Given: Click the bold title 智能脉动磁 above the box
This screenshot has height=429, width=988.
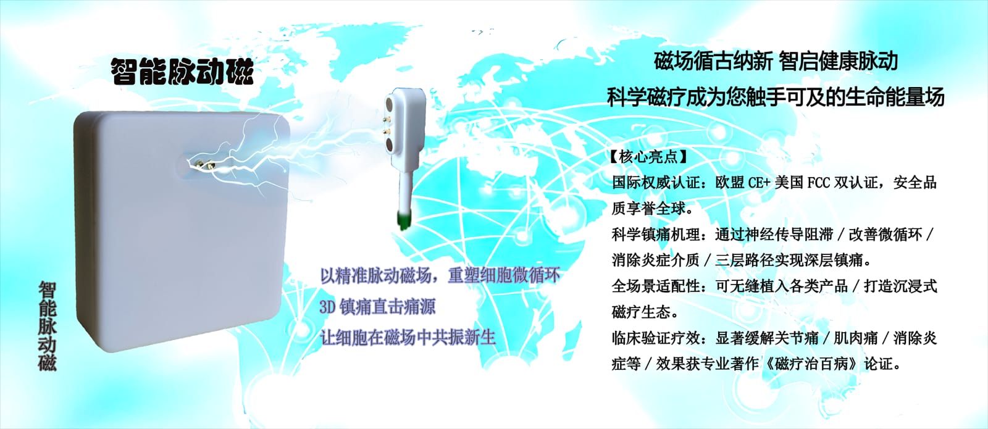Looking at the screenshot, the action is coord(182,71).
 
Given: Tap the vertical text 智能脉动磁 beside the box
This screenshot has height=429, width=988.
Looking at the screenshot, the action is coord(47,327).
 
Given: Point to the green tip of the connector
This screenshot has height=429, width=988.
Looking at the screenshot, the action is coord(403,220).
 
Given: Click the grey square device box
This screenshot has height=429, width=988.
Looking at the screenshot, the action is coord(181,230).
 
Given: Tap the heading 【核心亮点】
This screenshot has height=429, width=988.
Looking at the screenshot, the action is coord(648,157).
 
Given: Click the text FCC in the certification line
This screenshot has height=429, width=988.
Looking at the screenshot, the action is coord(818,183).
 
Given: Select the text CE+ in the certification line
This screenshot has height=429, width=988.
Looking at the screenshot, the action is coord(759,183).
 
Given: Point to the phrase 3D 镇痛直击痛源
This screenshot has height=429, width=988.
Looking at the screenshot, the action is coord(377,307).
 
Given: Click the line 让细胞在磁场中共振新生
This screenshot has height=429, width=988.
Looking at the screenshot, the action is coord(408,338).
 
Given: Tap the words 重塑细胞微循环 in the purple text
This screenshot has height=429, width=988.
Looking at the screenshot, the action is coord(504,275).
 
